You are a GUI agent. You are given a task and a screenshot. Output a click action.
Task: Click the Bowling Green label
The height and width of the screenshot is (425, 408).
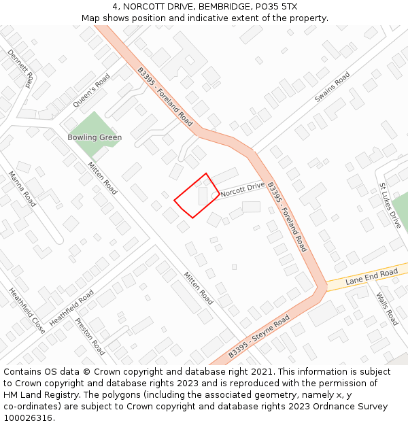95,137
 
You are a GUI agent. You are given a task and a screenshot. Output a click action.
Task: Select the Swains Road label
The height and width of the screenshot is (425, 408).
332,88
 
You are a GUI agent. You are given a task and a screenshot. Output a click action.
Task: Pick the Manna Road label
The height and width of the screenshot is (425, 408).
22,189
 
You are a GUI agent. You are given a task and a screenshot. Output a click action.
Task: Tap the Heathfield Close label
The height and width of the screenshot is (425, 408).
27,311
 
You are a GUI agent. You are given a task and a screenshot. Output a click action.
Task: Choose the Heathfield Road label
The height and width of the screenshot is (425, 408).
71,307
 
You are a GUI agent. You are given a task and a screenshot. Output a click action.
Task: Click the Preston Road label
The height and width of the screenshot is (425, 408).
90,337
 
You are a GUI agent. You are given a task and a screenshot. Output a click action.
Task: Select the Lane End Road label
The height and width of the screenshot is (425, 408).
371,276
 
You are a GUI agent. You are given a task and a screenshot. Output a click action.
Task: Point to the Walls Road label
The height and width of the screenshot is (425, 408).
387,309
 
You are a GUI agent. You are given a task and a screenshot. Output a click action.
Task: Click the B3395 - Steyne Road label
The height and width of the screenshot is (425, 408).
258,337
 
